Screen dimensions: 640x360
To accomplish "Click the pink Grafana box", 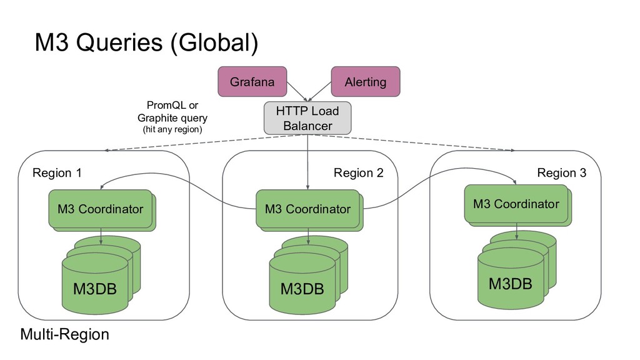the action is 252,82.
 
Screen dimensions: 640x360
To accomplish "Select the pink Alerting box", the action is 365,82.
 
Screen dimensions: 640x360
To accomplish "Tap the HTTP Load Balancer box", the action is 307,118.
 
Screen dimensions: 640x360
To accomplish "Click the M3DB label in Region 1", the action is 95,289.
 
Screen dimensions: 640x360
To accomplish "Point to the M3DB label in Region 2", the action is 302,289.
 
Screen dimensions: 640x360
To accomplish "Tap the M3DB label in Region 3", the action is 510,284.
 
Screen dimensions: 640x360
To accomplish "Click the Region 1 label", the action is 57,172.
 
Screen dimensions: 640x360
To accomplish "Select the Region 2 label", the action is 358,172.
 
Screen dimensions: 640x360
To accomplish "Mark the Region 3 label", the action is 562,172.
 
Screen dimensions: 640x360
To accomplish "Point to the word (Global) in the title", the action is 214,43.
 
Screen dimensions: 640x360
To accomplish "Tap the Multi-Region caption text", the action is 64,334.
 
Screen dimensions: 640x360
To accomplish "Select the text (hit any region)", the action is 172,129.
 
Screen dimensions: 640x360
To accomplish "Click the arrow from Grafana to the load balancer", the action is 297,91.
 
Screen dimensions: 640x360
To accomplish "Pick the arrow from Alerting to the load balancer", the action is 319,91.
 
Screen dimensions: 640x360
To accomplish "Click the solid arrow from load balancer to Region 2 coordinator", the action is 307,162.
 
